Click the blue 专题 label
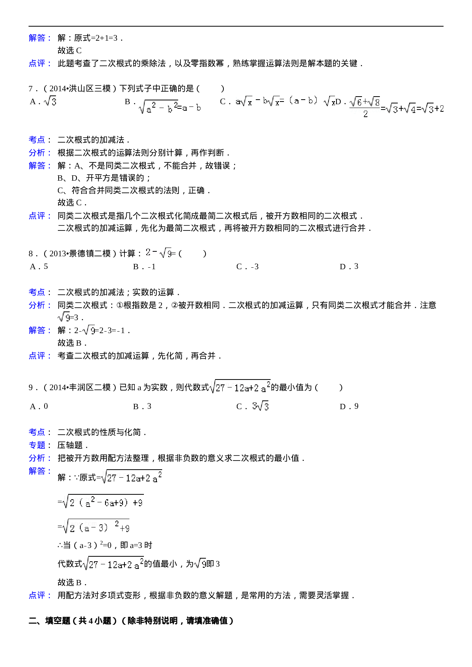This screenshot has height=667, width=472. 37,445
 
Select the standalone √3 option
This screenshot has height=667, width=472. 50,101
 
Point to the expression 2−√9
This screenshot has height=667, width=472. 158,253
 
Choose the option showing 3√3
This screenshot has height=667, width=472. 260,406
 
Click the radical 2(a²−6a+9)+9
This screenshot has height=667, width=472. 103,502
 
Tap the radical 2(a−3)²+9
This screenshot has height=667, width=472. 96,527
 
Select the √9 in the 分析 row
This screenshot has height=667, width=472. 64,317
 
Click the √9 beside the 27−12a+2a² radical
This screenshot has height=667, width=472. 200,563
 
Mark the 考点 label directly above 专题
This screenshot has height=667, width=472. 37,432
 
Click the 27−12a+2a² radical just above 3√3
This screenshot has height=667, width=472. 239,387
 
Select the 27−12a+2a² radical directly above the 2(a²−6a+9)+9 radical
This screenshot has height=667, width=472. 131,477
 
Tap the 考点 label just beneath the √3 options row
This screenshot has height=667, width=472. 37,140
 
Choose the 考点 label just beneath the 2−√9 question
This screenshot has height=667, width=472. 37,292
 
